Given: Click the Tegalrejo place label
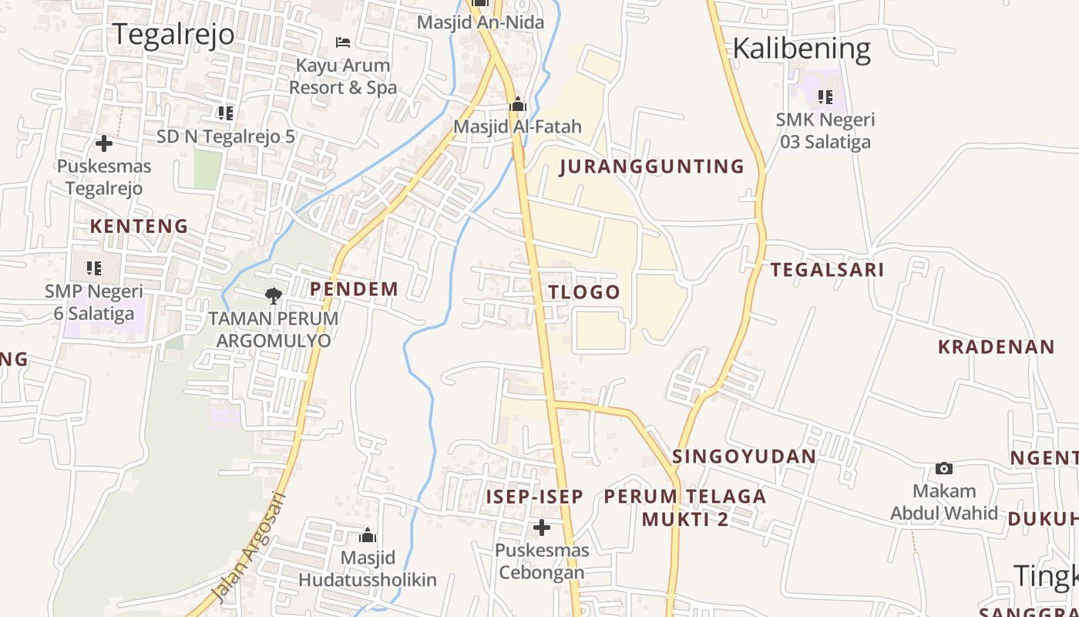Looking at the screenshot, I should [173, 35].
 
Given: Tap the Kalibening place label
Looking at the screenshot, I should [801, 49].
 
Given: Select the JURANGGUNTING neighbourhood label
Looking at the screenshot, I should [652, 167].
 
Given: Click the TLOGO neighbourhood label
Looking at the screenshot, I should [583, 292].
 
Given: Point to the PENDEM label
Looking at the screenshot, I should [354, 289].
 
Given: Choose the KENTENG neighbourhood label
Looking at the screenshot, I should [139, 226].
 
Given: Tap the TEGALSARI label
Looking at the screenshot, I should [827, 269].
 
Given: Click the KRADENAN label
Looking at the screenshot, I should [996, 347].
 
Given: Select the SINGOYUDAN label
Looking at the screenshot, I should [744, 456].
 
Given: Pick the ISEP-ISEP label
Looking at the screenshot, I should [534, 497].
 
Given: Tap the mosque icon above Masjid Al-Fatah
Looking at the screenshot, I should [518, 104].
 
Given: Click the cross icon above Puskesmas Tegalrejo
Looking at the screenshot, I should [103, 143].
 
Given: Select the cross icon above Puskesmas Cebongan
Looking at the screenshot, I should [542, 528].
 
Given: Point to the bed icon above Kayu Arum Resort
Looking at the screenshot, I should [343, 42].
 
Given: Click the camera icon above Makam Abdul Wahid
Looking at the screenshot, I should [944, 468].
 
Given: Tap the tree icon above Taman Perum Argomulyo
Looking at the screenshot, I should [273, 295].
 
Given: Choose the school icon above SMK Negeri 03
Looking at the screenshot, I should [825, 97].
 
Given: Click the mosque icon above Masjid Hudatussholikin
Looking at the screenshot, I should [368, 535].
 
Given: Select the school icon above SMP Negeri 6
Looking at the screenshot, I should [94, 268].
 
